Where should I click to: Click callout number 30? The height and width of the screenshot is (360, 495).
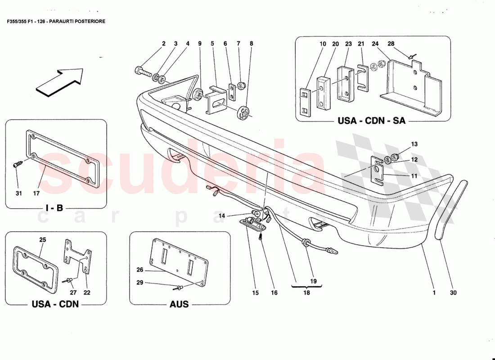tap(453, 293)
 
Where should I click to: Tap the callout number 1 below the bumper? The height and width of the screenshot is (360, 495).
tap(434, 293)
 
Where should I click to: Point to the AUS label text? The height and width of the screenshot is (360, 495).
tap(179, 304)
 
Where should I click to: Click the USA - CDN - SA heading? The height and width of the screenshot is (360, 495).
tap(372, 121)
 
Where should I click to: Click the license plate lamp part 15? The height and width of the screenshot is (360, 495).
tap(252, 223)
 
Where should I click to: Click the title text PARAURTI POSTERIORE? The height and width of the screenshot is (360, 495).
tap(77, 21)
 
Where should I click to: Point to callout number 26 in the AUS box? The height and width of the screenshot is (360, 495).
tap(139, 270)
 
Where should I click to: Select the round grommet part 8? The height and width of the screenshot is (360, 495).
tap(244, 112)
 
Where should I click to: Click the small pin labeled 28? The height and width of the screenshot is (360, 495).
tap(411, 56)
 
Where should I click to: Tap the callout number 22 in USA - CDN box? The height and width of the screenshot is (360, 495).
tap(87, 293)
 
